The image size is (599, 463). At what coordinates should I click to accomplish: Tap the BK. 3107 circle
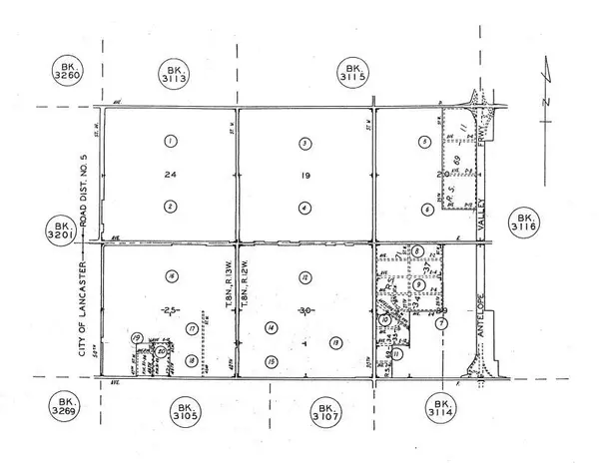click(325, 411)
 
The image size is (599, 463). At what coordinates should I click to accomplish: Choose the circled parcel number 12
click(302, 276)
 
